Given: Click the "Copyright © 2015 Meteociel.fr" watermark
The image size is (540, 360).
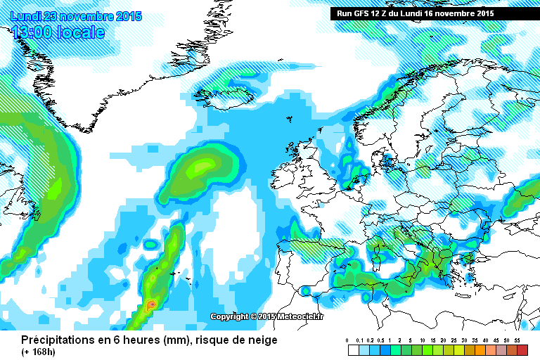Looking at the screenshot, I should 267,316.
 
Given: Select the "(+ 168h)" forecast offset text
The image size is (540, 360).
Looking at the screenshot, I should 39,352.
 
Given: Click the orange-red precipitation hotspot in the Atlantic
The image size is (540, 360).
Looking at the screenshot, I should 151,305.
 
